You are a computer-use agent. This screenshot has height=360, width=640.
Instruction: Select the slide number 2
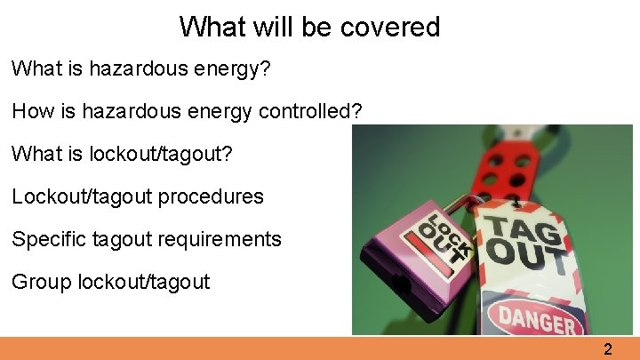click(x=608, y=349)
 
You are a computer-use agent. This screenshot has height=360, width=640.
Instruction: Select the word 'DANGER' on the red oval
click(x=536, y=317)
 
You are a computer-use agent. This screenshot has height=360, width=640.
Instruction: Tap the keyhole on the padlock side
click(x=403, y=285)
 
